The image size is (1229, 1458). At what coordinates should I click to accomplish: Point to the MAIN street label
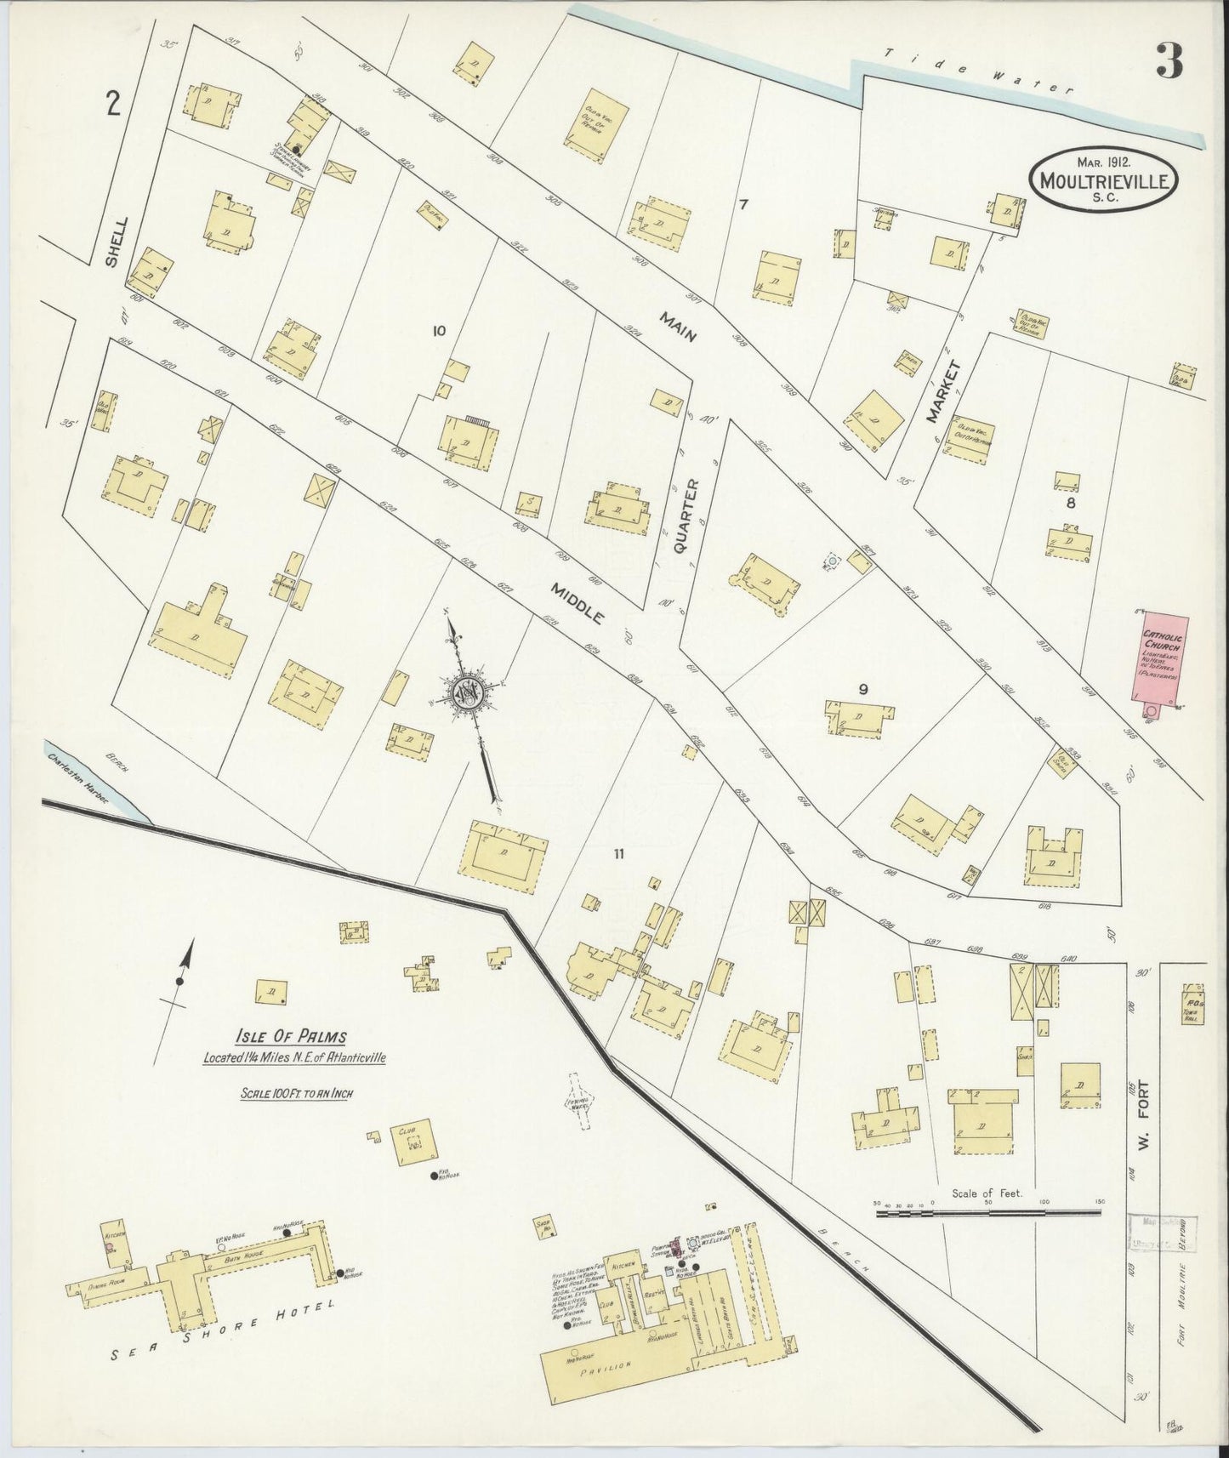tap(677, 326)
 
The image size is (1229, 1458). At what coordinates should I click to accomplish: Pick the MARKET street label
tap(944, 392)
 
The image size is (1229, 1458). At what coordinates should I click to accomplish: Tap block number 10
tap(439, 331)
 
